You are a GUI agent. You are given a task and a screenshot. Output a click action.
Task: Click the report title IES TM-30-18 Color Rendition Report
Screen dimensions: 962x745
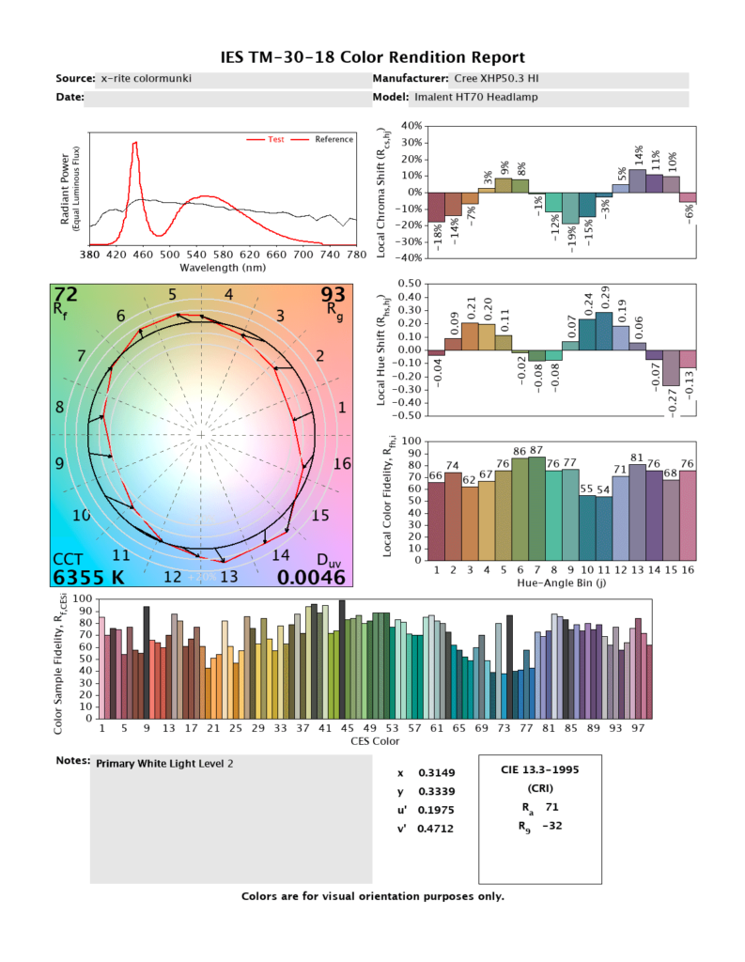coord(372,57)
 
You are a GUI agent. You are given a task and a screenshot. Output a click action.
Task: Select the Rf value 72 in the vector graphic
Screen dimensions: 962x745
coord(66,295)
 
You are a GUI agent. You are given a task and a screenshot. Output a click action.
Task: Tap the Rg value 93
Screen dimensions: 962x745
coord(334,295)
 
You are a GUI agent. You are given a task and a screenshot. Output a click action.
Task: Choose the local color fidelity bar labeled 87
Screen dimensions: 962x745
coord(536,504)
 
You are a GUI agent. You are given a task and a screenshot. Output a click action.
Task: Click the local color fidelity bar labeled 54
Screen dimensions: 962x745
coord(604,528)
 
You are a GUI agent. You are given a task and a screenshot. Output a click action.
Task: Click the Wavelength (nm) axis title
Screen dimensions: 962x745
coord(223,267)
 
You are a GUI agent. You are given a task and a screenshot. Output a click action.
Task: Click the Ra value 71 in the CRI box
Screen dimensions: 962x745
coord(553,806)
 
